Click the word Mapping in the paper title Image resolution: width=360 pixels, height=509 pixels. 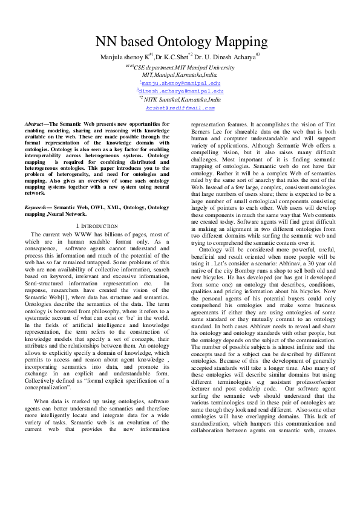(x=236, y=43)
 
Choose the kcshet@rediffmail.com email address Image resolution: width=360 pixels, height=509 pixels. (x=180, y=108)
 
